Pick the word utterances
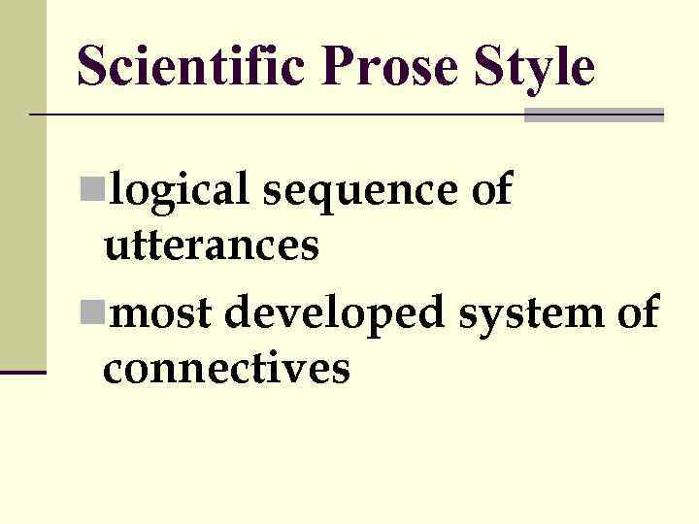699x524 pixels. pyautogui.click(x=212, y=246)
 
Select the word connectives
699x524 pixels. pyautogui.click(x=225, y=369)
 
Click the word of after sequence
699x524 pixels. pyautogui.click(x=490, y=189)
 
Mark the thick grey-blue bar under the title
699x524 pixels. pyautogui.click(x=593, y=115)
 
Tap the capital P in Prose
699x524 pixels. pyautogui.click(x=336, y=68)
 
